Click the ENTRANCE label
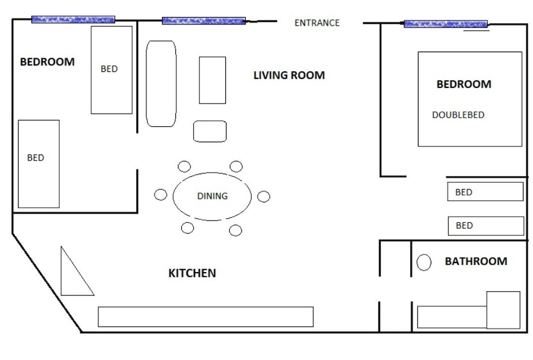tap(317, 23)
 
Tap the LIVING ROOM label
tap(289, 75)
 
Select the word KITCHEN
tap(192, 273)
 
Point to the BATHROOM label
tap(476, 261)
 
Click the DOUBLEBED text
tap(458, 115)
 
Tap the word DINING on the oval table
tap(213, 196)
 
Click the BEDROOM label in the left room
tap(47, 62)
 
